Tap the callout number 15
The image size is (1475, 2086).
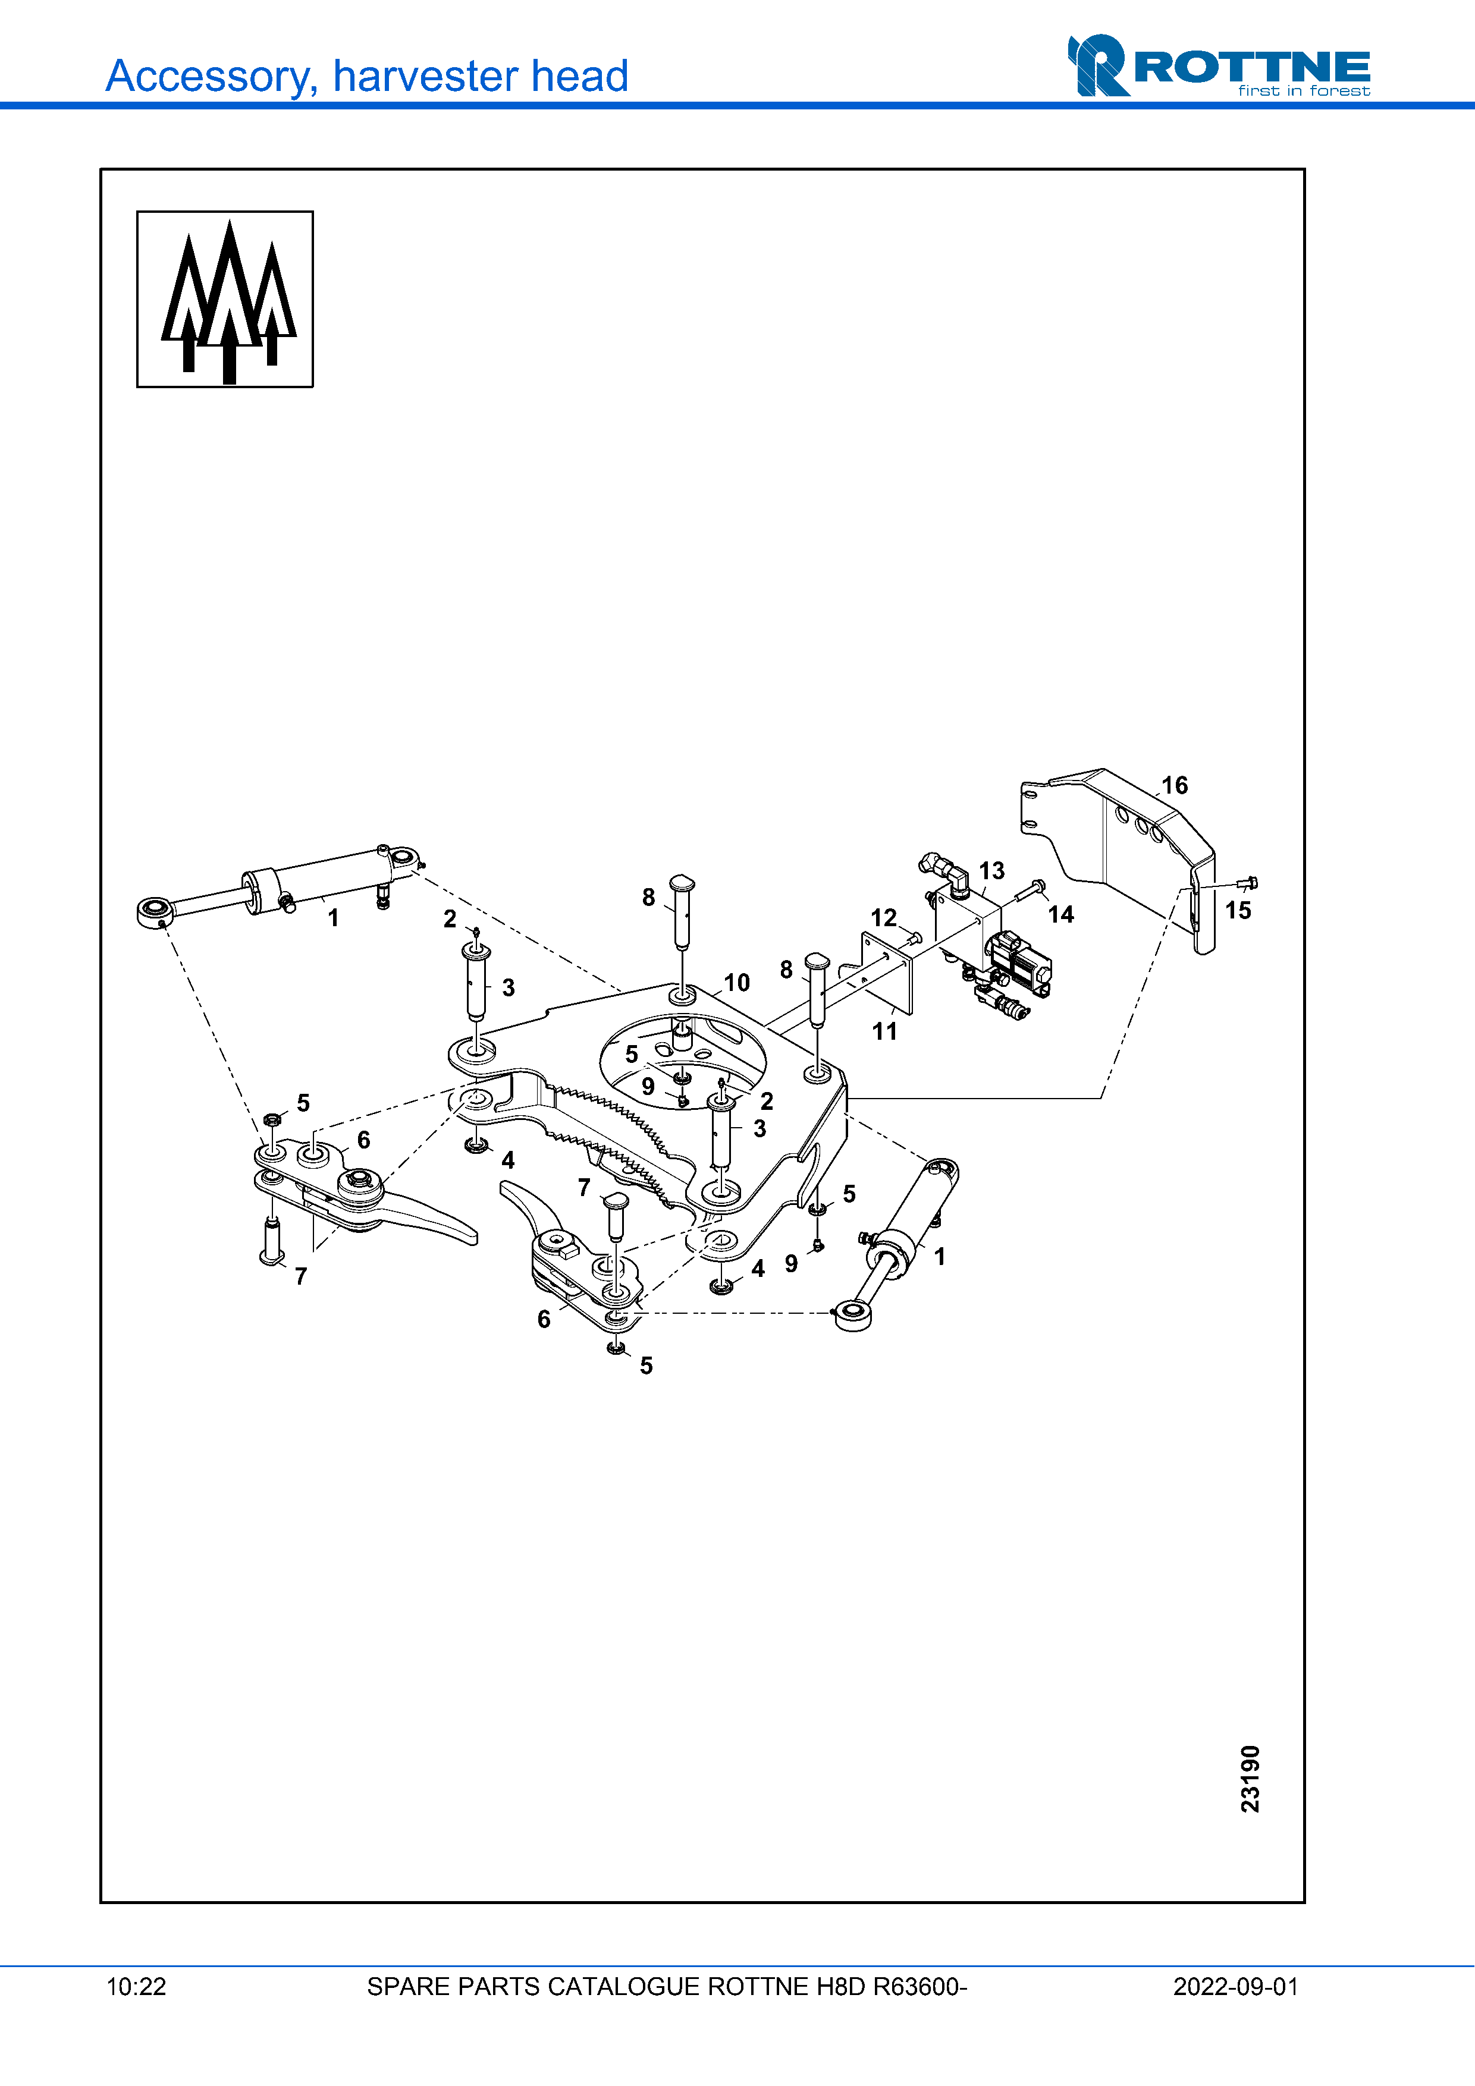click(1238, 910)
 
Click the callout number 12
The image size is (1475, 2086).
click(883, 918)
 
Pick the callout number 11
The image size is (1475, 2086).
click(884, 1031)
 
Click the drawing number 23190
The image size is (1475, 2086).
click(1251, 1778)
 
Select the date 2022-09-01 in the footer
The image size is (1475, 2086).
click(1235, 1987)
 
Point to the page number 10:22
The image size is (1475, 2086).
click(136, 1987)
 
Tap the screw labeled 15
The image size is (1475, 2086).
click(1247, 883)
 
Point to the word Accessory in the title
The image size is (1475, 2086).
click(212, 76)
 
